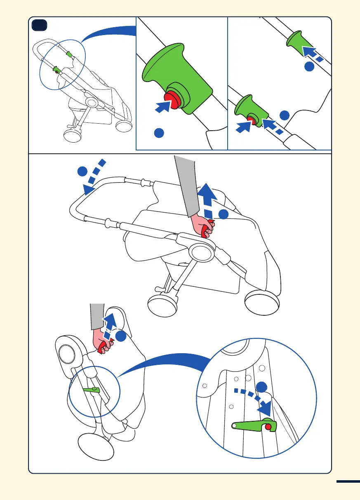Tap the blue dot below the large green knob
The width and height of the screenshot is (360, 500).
pos(159,133)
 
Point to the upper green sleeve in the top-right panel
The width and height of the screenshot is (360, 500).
pos(297,45)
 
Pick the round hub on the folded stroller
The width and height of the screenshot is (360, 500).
pos(66,354)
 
